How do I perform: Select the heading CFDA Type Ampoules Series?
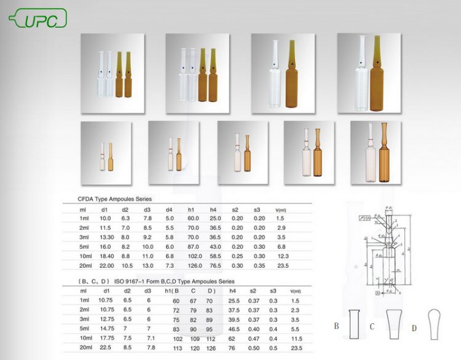click(114, 199)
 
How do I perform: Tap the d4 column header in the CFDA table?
click(169, 209)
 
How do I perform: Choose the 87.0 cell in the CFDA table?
click(193, 245)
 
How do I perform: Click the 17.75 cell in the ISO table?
click(107, 338)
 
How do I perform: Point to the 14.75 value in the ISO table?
click(107, 329)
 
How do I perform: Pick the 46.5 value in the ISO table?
click(234, 329)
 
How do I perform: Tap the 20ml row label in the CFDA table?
click(85, 265)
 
